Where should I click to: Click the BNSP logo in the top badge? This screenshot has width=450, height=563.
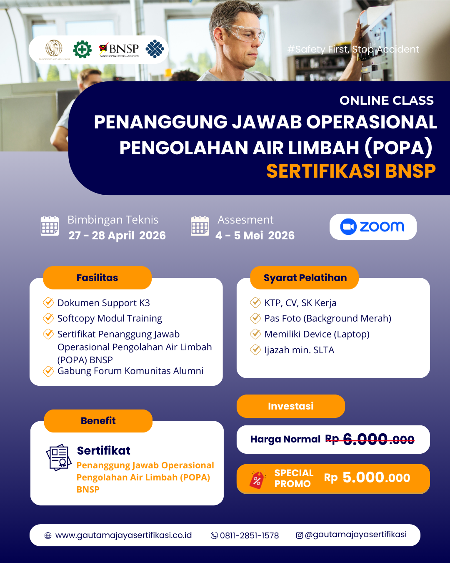coord(119,50)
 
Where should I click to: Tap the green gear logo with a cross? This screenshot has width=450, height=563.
coord(82,49)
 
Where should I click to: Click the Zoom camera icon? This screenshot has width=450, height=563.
coord(348,227)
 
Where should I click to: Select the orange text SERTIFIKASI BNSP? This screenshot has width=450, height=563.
coord(351,171)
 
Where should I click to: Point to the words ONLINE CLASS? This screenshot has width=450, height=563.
coord(386,101)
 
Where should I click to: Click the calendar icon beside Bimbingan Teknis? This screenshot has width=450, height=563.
coord(50,226)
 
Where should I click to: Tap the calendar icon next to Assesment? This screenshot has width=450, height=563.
coord(200,226)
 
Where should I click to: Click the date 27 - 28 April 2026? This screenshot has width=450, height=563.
coord(117,236)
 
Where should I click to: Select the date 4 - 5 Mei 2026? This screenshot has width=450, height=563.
coord(255,236)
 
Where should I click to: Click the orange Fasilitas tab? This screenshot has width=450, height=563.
coord(97,278)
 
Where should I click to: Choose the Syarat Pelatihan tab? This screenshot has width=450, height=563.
coord(305,278)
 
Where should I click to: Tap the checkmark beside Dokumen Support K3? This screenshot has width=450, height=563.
coord(48,302)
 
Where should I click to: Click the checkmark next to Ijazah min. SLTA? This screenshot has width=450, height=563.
coord(255,349)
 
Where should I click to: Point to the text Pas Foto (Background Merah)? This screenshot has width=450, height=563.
coord(327,318)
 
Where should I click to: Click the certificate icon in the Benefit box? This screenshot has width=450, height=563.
coord(59,457)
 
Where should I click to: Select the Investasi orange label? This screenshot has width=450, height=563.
coord(290,406)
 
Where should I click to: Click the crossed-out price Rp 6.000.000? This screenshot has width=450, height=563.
coord(370,439)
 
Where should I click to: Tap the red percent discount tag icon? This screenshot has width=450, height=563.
coord(257,480)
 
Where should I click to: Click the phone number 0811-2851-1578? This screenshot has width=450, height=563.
coord(249,535)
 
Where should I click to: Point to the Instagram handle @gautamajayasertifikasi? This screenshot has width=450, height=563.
coord(355,535)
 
